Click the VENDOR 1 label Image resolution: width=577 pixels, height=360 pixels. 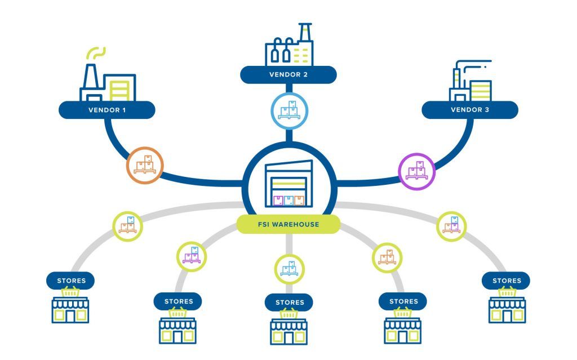[x=106, y=110]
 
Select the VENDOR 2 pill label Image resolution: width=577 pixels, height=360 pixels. [x=288, y=75]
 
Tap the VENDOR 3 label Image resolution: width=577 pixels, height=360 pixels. [x=470, y=110]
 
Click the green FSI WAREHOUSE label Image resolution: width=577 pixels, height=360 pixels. [x=288, y=224]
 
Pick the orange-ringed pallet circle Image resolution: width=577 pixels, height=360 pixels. [x=145, y=166]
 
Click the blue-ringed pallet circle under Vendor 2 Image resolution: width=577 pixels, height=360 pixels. [x=289, y=111]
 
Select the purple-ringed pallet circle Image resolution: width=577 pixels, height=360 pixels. [x=416, y=171]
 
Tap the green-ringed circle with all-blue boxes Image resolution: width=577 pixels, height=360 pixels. [x=289, y=269]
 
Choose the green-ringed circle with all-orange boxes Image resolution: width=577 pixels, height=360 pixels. [x=387, y=257]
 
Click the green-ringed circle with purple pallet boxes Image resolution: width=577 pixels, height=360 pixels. [x=192, y=256]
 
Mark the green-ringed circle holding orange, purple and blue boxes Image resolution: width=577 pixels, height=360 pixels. [x=451, y=226]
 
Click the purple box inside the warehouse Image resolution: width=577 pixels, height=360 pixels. [x=278, y=201]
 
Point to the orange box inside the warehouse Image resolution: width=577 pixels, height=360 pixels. [x=299, y=201]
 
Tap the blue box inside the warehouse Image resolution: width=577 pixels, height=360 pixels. [x=289, y=201]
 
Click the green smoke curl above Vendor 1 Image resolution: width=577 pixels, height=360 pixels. [x=96, y=53]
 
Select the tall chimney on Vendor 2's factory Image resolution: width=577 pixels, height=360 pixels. [x=305, y=32]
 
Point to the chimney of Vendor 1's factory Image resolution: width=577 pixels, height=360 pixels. [x=91, y=77]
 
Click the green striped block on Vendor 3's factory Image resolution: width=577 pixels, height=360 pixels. [x=481, y=91]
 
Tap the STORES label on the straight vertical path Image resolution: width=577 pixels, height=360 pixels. [x=289, y=303]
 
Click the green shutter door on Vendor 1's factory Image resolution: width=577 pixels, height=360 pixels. [x=119, y=91]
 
